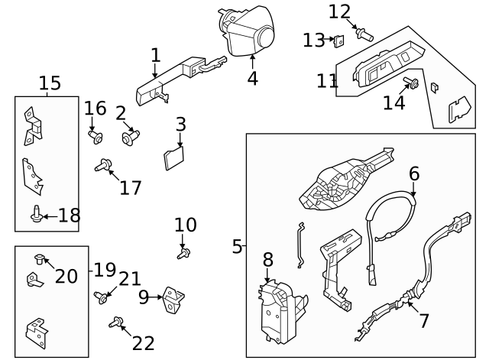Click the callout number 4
pyautogui.click(x=251, y=78)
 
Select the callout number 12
pyautogui.click(x=339, y=11)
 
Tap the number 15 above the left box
pyautogui.click(x=50, y=83)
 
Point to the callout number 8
pyautogui.click(x=267, y=260)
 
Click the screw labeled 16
pyautogui.click(x=96, y=138)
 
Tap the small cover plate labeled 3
pyautogui.click(x=174, y=158)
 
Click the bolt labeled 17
pyautogui.click(x=104, y=165)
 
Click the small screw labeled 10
pyautogui.click(x=183, y=251)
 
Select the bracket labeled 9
pyautogui.click(x=173, y=300)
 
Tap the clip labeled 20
pyautogui.click(x=40, y=258)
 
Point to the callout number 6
pyautogui.click(x=413, y=174)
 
